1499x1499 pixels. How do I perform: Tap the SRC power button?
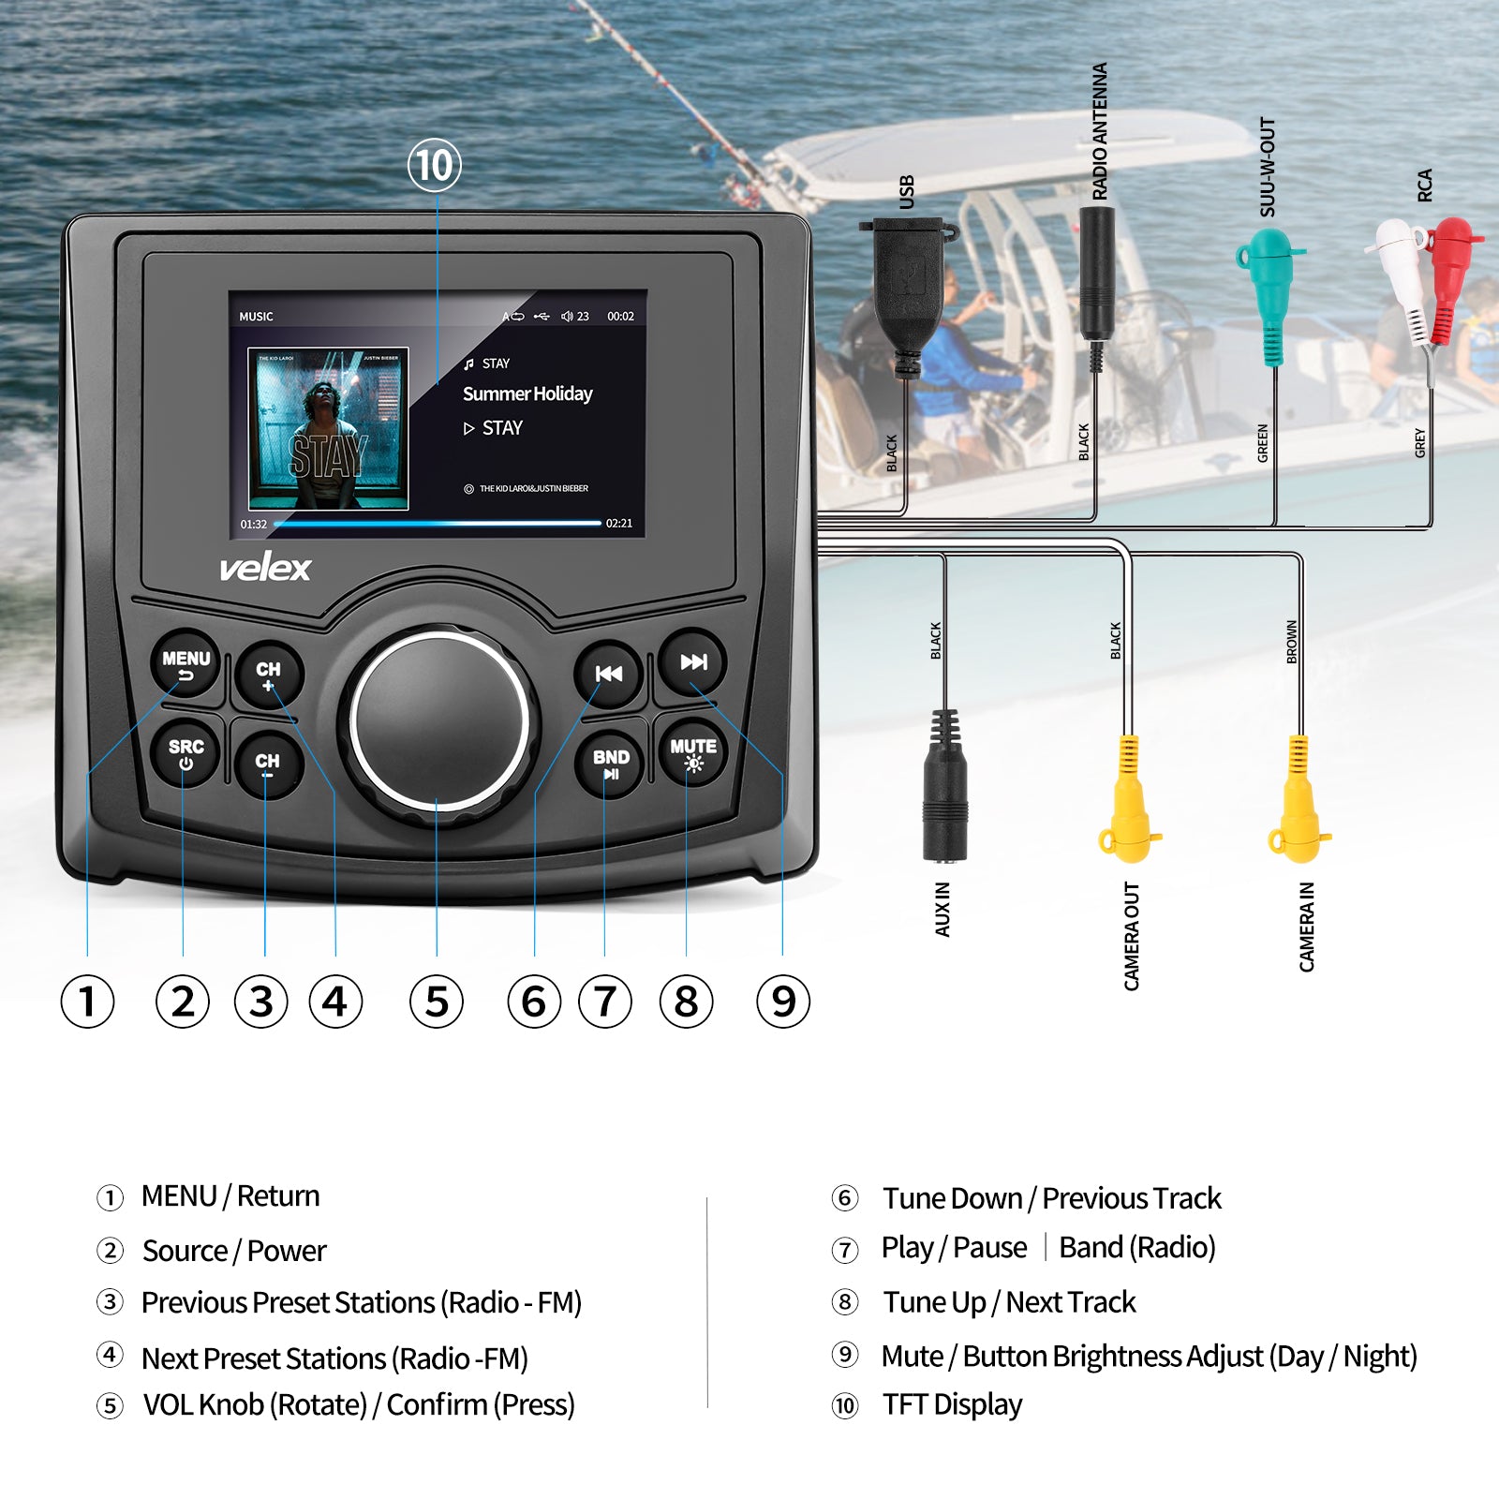pos(186,754)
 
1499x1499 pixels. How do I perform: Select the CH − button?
pos(267,764)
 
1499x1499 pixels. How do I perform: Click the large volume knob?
pos(438,724)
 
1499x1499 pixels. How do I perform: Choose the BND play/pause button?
pos(611,764)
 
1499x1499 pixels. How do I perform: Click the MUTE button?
pos(693,753)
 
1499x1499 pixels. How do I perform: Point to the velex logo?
pos(265,568)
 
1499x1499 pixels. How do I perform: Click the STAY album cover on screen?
pos(328,429)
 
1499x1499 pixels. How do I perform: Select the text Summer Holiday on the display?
pos(527,393)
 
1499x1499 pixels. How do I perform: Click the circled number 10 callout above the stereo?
pos(435,166)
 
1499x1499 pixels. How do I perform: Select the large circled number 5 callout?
pos(437,1001)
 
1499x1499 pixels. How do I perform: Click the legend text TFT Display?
pos(952,1404)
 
